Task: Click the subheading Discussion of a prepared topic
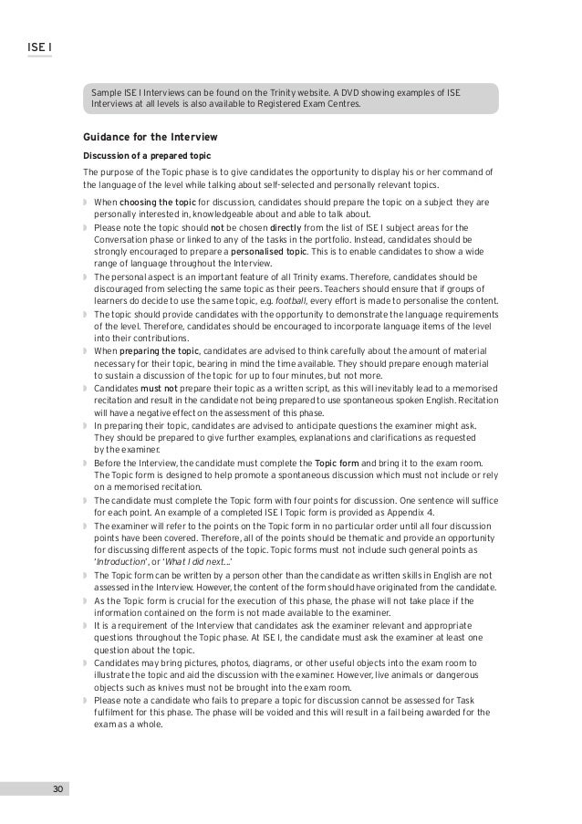point(147,155)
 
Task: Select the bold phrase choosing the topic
point(152,202)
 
